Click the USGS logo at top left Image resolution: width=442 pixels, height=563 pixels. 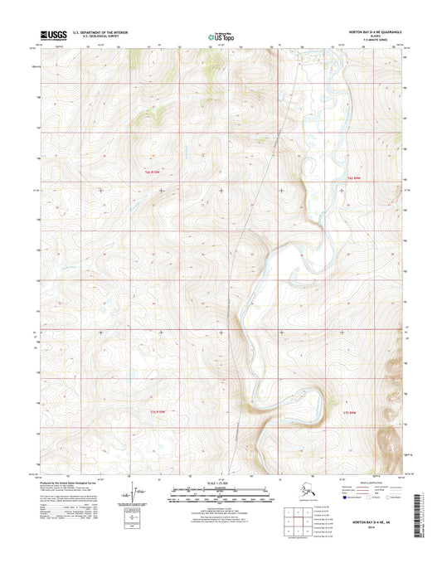click(52, 36)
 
